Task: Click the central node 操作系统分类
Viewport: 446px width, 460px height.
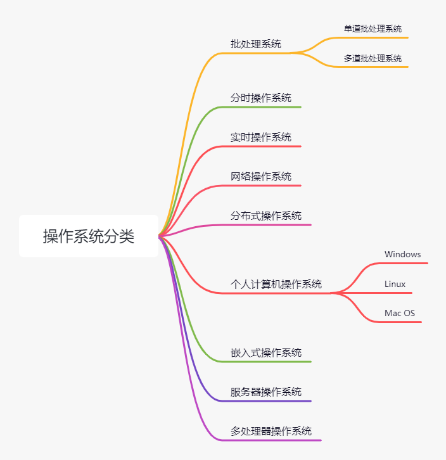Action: [89, 236]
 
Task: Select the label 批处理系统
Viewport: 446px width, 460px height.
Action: [256, 44]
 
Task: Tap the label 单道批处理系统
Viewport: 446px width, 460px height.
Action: [373, 29]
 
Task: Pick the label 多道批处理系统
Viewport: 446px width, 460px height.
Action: [373, 58]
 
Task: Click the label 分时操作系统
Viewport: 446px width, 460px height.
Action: [261, 98]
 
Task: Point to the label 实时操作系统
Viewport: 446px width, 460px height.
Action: [261, 137]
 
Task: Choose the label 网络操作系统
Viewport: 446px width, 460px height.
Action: [261, 177]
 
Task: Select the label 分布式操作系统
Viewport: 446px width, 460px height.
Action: [266, 215]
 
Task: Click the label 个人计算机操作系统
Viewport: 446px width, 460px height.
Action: [276, 284]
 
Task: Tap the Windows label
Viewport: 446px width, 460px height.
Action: [402, 254]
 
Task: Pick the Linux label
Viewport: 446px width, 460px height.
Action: [395, 284]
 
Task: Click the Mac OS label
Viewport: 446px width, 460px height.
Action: [400, 313]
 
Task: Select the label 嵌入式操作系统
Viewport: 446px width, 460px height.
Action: [266, 353]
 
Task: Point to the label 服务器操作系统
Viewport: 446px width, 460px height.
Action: [266, 392]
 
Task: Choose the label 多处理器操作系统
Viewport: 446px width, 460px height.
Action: [271, 431]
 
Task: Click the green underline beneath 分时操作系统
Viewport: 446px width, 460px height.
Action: [266, 107]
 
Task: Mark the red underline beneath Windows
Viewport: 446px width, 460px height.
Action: [405, 263]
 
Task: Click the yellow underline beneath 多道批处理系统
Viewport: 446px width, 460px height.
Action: [374, 67]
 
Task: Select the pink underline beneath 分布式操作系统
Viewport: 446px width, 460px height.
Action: [272, 224]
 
